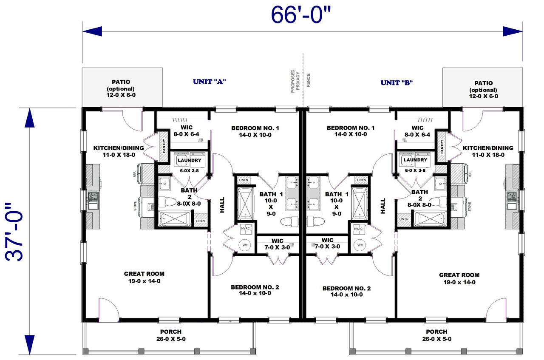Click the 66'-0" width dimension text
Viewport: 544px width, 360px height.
(300, 16)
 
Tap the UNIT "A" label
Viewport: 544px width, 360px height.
(209, 82)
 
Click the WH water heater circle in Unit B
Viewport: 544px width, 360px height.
(360, 245)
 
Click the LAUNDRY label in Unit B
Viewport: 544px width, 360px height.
(415, 160)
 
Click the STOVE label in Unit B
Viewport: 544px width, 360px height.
(470, 207)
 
